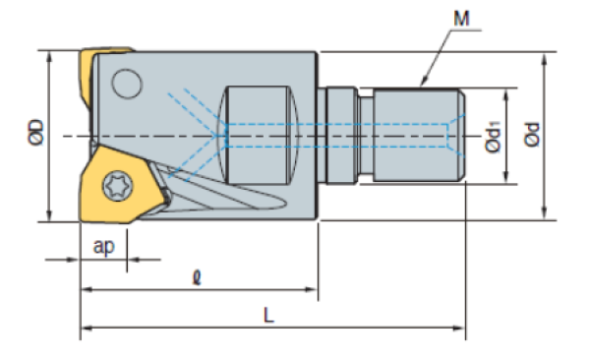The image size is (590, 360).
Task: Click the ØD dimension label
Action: click(x=36, y=133)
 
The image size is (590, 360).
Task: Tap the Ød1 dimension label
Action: click(x=493, y=137)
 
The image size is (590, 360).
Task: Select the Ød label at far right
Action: click(x=532, y=135)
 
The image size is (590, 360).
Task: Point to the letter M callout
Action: click(x=461, y=18)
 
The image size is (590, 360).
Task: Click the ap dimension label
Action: click(x=103, y=247)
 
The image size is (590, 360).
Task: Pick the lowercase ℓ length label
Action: click(x=197, y=278)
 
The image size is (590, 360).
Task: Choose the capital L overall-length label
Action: click(x=268, y=315)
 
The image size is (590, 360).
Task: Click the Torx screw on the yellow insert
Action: click(x=118, y=186)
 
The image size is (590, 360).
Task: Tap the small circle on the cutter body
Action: click(x=127, y=84)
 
